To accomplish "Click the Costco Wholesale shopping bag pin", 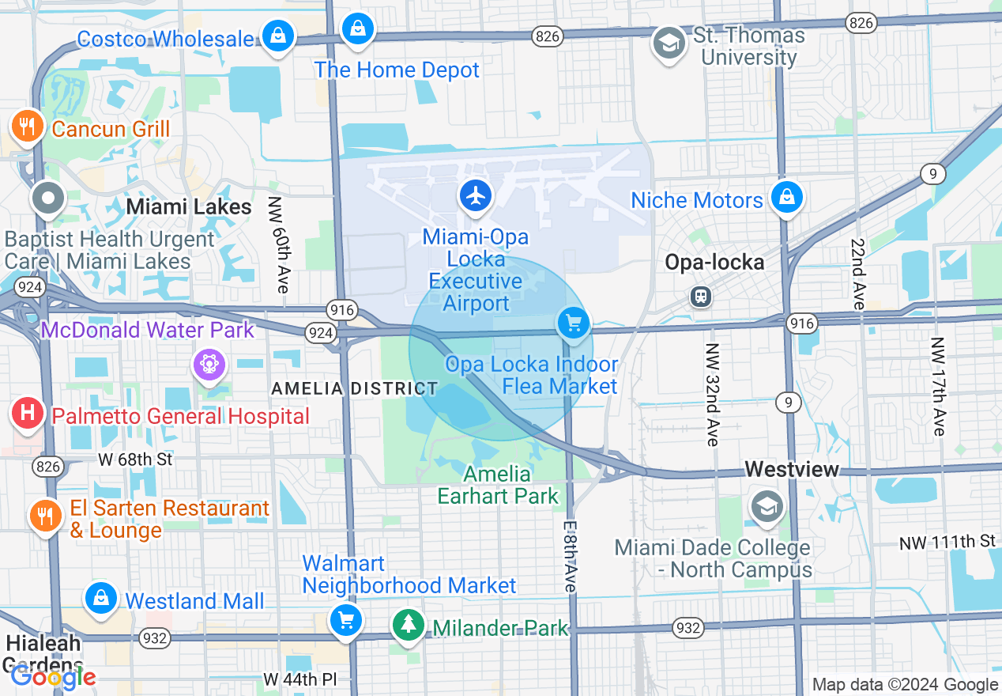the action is (278, 36).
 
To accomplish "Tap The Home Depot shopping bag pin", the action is (358, 30).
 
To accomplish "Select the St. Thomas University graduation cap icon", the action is (669, 44).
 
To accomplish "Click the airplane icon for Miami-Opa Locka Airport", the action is (475, 195).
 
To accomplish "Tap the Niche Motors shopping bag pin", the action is (787, 198).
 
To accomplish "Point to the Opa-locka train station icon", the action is (700, 297).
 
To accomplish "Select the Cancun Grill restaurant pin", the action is (27, 126).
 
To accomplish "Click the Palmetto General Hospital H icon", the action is (28, 413).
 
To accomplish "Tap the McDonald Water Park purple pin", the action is (209, 365).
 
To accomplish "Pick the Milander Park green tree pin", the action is (409, 625).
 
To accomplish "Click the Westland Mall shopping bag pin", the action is (101, 598).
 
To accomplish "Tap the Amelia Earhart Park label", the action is (498, 485).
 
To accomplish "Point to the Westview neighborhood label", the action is (792, 470).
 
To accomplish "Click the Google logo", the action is (53, 677).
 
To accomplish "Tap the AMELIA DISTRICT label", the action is (354, 388).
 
